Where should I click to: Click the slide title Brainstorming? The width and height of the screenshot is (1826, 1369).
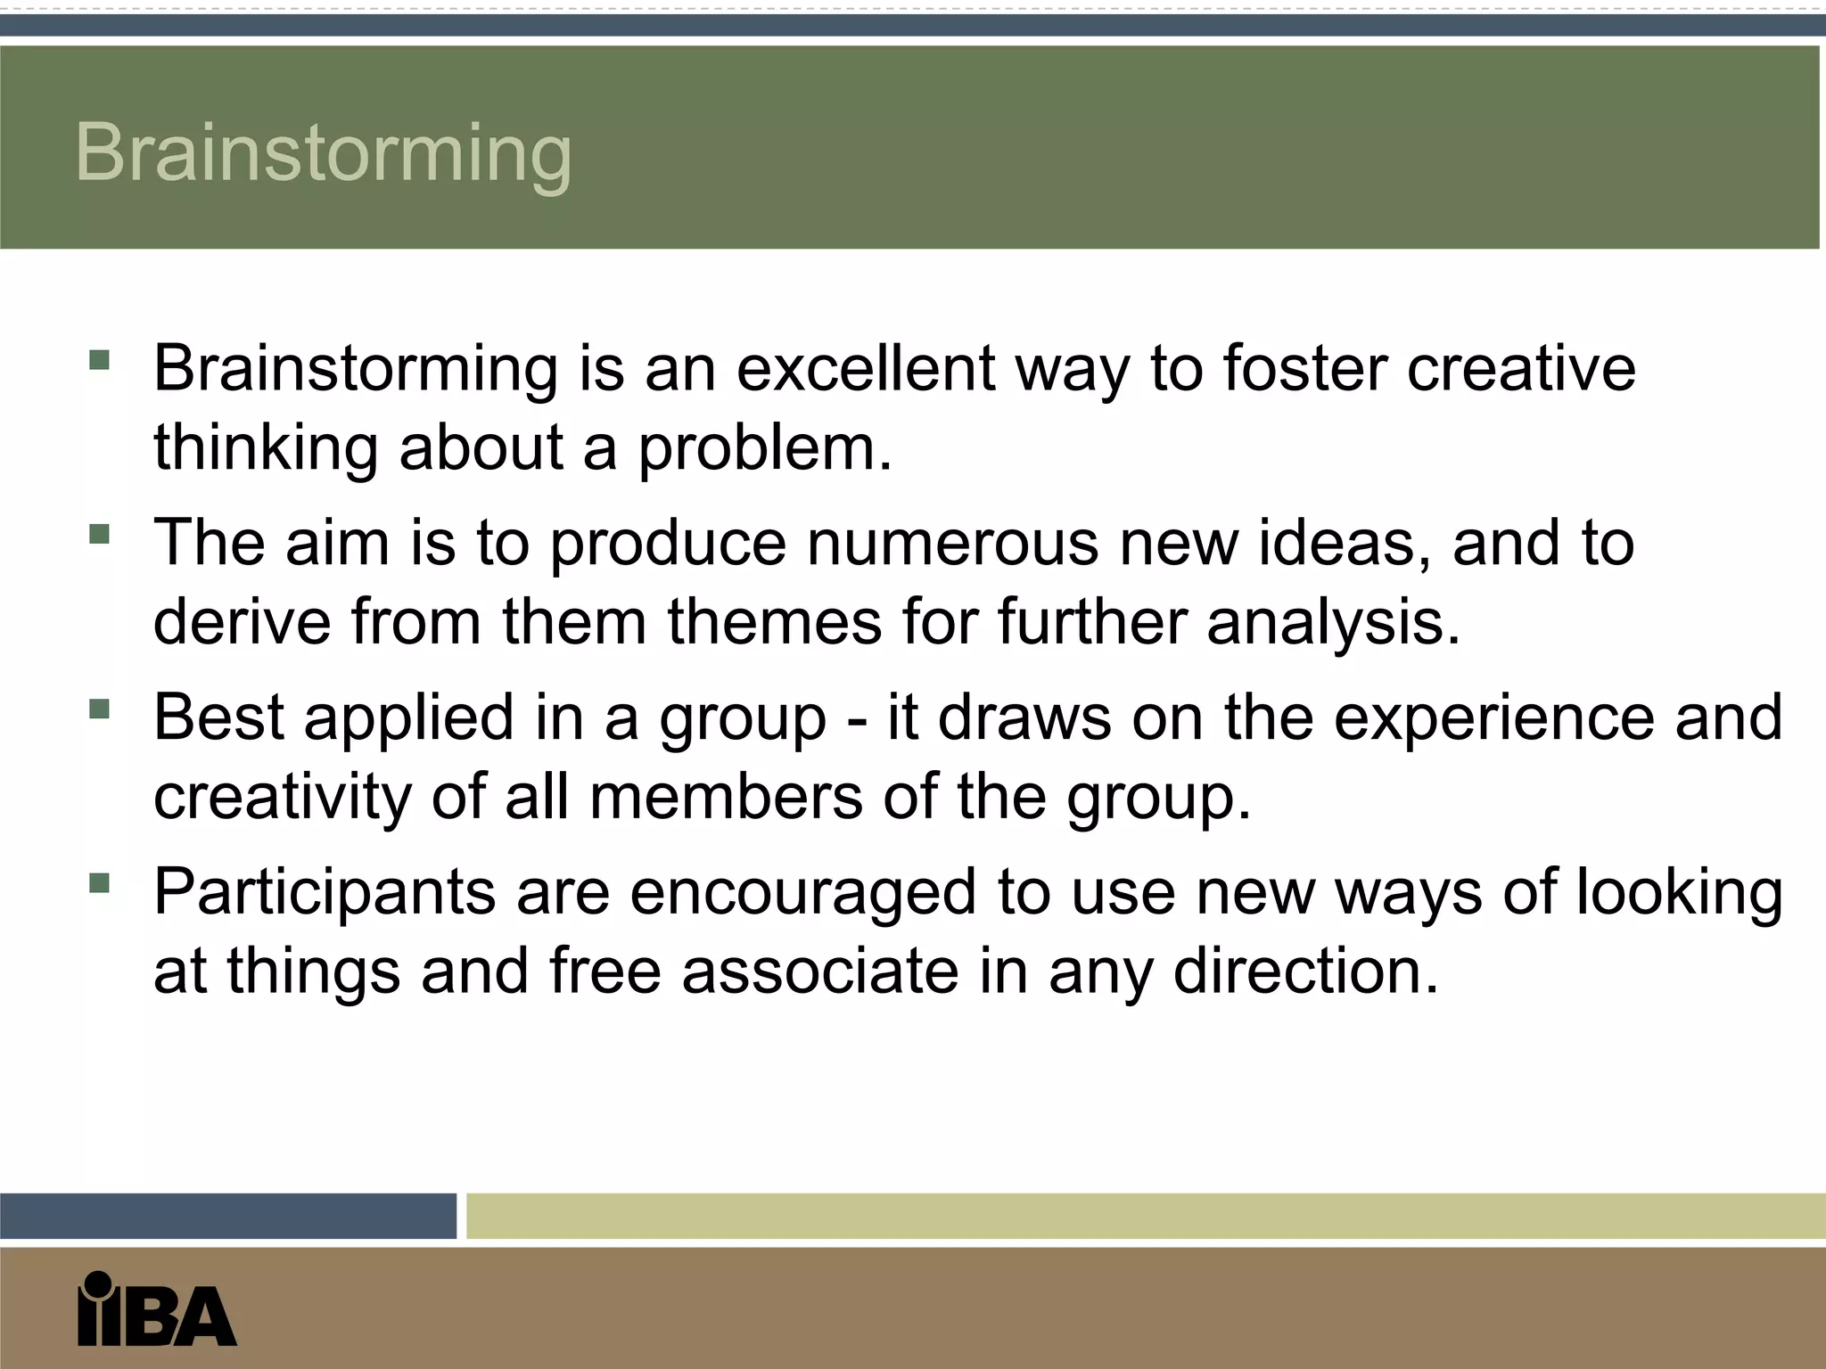(323, 153)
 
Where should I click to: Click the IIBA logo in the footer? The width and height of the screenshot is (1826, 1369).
(157, 1308)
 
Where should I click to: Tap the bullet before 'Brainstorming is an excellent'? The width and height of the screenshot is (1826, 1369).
(99, 361)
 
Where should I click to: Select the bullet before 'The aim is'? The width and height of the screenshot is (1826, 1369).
(99, 535)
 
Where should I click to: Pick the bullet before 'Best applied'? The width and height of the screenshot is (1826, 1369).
(99, 709)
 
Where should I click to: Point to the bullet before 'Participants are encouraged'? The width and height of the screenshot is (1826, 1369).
(99, 884)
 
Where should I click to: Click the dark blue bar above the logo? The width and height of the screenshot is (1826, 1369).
(228, 1216)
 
